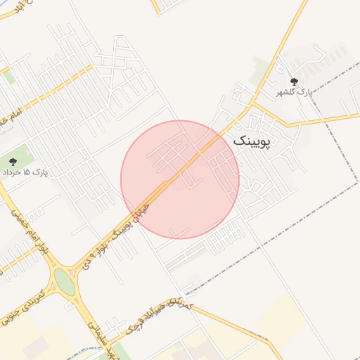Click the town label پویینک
[x=251, y=141]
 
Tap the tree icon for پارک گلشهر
[x=294, y=82]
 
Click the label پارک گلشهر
[x=297, y=92]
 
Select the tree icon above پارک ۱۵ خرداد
[x=13, y=162]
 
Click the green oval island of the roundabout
[x=65, y=283]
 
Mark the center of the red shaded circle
[x=180, y=179]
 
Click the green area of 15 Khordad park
[x=21, y=156]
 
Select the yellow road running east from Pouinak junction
[x=316, y=120]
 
